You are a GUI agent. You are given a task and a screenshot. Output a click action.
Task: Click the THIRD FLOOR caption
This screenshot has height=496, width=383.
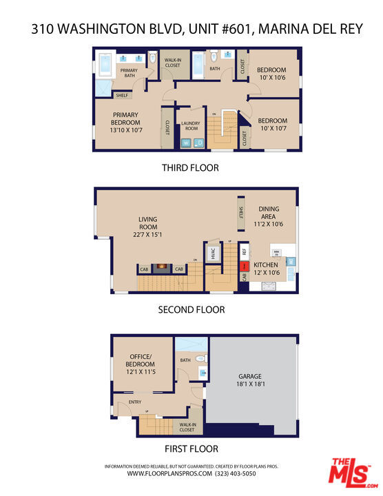(x=191, y=167)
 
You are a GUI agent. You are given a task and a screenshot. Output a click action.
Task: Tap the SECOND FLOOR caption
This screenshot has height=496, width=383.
(x=191, y=310)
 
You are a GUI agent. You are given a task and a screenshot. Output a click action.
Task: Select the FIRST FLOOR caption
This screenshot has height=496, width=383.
(x=191, y=448)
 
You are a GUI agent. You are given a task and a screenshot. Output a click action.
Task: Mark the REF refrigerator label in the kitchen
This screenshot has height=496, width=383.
(x=244, y=252)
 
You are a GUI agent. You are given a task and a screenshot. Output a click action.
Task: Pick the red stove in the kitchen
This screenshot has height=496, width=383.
(x=244, y=266)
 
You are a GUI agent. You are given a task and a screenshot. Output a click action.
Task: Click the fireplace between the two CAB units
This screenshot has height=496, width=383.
(x=162, y=267)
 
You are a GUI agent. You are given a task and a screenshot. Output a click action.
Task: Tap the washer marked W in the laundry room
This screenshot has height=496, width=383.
(x=186, y=143)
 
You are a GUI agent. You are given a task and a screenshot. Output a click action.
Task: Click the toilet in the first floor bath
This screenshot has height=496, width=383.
(x=200, y=359)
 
